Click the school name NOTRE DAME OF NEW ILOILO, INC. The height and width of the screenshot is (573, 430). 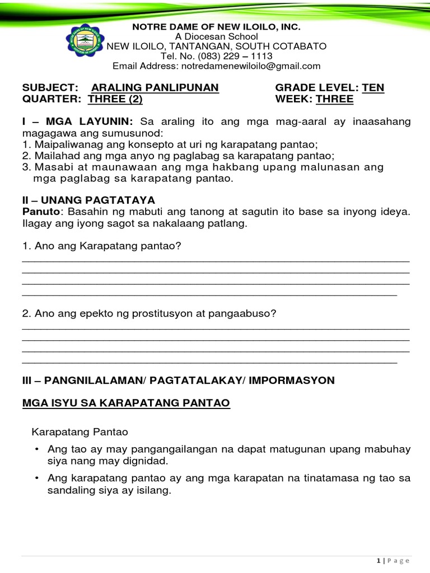(x=216, y=27)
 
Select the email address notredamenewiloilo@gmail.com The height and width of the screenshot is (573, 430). (x=249, y=66)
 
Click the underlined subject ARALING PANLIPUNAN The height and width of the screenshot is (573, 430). (x=155, y=88)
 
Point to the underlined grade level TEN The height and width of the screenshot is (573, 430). (x=373, y=88)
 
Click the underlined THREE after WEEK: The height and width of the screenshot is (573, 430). (x=334, y=99)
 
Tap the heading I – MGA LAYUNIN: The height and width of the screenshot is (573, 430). (x=78, y=121)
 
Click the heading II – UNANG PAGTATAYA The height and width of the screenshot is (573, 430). (x=88, y=200)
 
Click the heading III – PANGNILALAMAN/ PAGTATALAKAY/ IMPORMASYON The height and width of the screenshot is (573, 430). (x=178, y=381)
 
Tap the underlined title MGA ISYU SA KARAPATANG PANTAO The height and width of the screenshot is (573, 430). (x=125, y=403)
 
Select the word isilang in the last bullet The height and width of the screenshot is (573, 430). (x=151, y=491)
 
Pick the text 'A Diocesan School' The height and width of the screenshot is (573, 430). (x=216, y=36)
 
